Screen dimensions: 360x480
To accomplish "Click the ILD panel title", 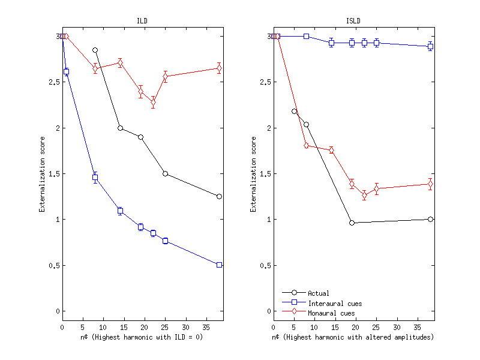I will (142, 21).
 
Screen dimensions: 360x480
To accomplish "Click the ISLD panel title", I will (353, 21).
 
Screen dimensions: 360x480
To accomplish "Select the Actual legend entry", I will (318, 293).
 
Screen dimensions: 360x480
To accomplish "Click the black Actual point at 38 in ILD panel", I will (219, 196).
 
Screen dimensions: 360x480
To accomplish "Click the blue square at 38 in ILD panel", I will (219, 265).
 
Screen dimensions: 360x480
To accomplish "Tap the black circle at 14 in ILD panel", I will (120, 128).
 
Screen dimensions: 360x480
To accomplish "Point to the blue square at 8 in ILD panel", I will (95, 178).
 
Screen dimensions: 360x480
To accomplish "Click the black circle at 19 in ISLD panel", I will (352, 223).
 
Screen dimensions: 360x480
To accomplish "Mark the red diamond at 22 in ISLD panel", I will (364, 195).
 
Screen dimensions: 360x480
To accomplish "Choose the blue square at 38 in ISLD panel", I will (430, 46).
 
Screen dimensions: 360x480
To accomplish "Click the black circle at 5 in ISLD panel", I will (294, 111).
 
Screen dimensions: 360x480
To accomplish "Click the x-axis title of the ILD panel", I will (142, 338).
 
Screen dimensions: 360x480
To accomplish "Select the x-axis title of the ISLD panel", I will (353, 338).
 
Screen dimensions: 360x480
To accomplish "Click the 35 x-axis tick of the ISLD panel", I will (418, 328).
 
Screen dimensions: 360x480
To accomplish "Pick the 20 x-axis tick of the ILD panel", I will (145, 328).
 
